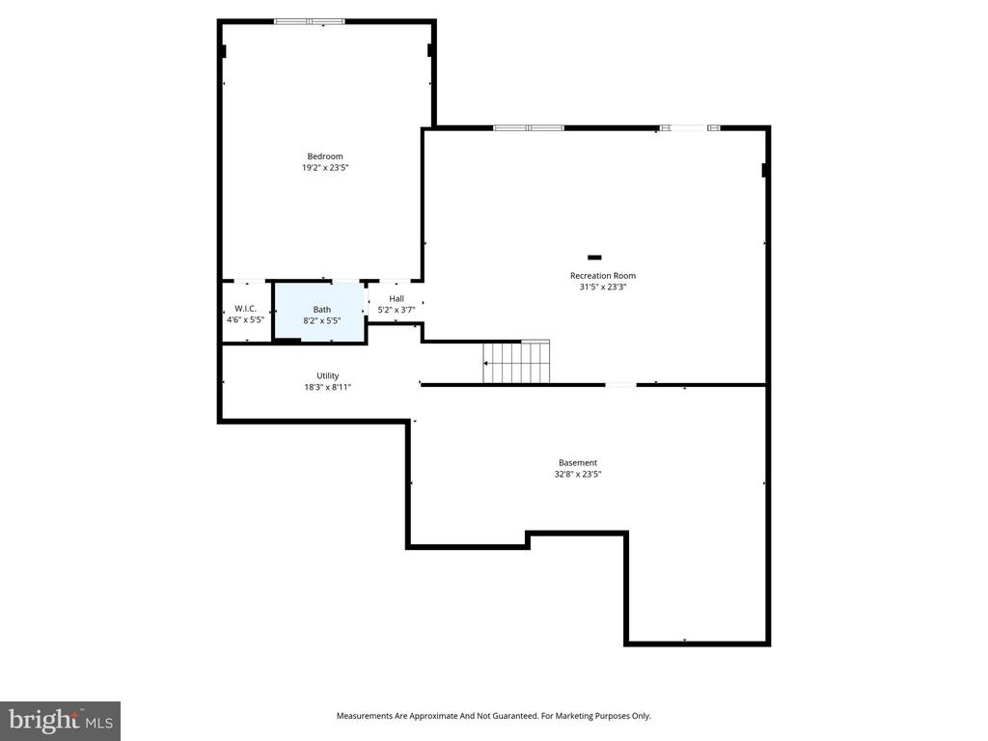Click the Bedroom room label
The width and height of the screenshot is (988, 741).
coord(324,156)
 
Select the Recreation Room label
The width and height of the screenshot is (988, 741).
coord(602,276)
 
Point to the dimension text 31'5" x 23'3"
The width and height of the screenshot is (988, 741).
coord(602,287)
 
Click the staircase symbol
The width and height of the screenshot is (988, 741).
coord(516,363)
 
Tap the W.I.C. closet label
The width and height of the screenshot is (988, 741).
coord(245,309)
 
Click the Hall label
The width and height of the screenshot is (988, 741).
coord(396,299)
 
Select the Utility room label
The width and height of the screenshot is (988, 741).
coord(328,376)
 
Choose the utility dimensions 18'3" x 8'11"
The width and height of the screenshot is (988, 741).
coord(328,387)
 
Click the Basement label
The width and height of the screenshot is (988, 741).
coord(577,463)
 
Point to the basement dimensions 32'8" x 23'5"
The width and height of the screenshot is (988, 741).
coord(577,475)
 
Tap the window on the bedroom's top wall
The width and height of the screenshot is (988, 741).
coord(310,21)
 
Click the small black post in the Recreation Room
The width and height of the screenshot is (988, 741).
coord(594,258)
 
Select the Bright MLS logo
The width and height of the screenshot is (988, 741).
coord(60,720)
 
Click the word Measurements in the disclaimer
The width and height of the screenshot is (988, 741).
coord(364,716)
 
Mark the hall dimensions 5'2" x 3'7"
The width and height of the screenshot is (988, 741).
coord(396,310)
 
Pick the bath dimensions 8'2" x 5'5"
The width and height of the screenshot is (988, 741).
coord(321,320)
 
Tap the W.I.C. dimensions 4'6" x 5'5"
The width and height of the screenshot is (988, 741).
coord(245,319)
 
